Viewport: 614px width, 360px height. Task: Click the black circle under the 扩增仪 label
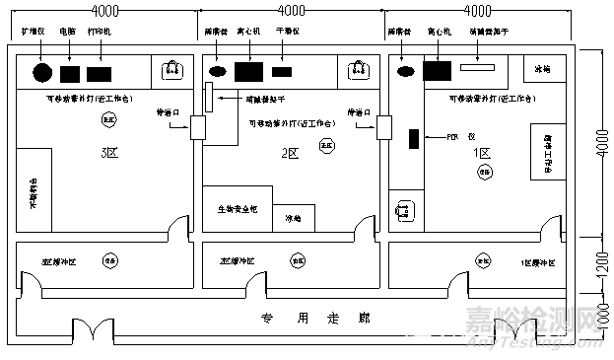pos(42,72)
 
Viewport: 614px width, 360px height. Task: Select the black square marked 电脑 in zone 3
pos(70,73)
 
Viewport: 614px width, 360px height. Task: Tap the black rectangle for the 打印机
pos(100,73)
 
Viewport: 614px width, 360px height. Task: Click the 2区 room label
pos(290,153)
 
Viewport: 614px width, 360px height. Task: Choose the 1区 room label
pos(482,153)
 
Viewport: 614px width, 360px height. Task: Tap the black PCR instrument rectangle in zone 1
pos(415,138)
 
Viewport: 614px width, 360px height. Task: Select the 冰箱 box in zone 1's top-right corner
pos(543,70)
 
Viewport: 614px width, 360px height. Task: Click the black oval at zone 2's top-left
pos(218,71)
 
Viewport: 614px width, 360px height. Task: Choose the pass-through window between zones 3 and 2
pos(195,126)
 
